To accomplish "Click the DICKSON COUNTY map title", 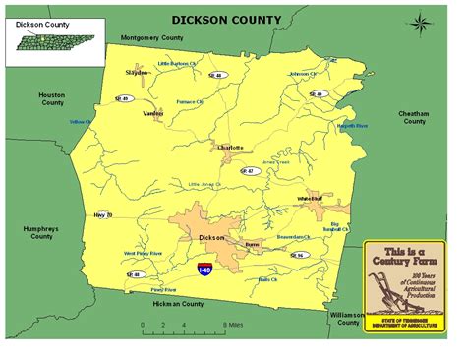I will click(225, 19).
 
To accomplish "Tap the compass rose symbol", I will click(420, 23).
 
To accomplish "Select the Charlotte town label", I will click(227, 148).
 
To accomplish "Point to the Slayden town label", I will click(137, 72).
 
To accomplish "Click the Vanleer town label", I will click(153, 113).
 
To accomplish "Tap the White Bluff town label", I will click(310, 199).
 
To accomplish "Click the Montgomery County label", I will click(152, 37).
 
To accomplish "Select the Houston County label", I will click(51, 98).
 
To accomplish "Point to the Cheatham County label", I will click(412, 117).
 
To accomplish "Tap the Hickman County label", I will click(180, 304).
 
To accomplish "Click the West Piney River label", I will click(143, 254).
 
